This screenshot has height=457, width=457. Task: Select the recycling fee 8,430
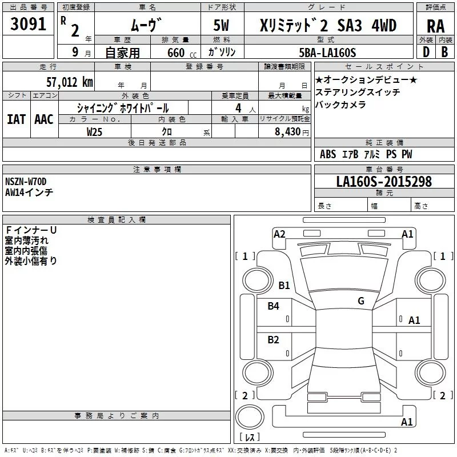(288, 132)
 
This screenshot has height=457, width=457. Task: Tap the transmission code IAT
(16, 119)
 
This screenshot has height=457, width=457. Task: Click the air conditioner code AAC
(43, 119)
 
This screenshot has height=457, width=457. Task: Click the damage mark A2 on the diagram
(279, 234)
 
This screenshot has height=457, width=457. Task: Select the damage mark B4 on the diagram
(274, 306)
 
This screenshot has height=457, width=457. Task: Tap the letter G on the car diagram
(361, 301)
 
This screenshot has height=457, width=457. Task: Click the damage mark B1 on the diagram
(284, 285)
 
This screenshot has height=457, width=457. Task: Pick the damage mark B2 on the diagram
(274, 340)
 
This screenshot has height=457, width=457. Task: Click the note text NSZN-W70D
(26, 182)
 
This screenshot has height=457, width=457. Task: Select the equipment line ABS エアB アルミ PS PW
(366, 154)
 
